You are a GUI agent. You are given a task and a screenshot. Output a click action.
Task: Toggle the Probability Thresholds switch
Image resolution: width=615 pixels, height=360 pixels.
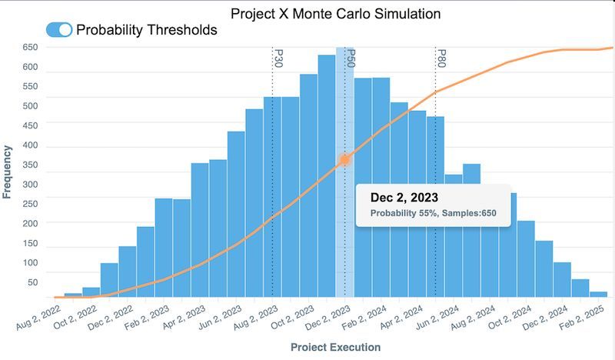click(59, 30)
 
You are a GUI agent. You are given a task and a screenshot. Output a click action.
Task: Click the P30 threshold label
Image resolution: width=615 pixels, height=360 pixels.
click(278, 58)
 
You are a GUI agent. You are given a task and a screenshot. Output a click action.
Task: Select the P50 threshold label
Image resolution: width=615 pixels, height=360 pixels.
click(350, 58)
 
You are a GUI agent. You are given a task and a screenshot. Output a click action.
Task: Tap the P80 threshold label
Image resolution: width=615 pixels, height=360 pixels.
click(441, 58)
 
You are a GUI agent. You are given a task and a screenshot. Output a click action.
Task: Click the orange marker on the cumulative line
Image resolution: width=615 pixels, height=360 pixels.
click(345, 159)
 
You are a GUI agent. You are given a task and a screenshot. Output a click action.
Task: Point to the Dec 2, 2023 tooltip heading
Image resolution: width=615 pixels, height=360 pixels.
click(405, 197)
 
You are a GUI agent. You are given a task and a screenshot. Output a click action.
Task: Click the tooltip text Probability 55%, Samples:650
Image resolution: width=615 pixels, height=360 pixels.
click(432, 213)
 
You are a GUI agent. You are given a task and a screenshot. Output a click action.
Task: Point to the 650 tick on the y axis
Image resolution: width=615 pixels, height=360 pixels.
click(30, 47)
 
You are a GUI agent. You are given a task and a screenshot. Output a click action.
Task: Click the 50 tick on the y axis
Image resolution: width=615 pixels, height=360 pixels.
click(33, 283)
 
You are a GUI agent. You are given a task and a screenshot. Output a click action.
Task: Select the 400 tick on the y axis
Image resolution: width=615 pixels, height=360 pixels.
click(30, 147)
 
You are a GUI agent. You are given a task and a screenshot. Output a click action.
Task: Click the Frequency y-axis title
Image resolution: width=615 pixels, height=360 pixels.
click(8, 172)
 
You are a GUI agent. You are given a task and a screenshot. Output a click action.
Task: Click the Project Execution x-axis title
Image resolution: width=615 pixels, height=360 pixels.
click(335, 347)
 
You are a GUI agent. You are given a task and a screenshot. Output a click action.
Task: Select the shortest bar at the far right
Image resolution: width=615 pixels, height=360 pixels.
click(598, 294)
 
